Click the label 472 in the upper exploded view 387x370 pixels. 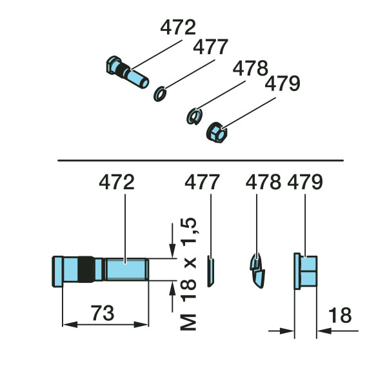(x=178, y=27)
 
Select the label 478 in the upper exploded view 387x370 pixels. (x=250, y=68)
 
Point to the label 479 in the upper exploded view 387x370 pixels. (x=283, y=83)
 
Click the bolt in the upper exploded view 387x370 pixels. (x=127, y=72)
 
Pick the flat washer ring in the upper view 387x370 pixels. (x=160, y=94)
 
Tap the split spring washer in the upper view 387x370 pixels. (x=194, y=116)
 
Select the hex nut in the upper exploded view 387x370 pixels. (x=217, y=132)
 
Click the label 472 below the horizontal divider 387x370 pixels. (x=117, y=182)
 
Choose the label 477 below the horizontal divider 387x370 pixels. (x=202, y=182)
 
